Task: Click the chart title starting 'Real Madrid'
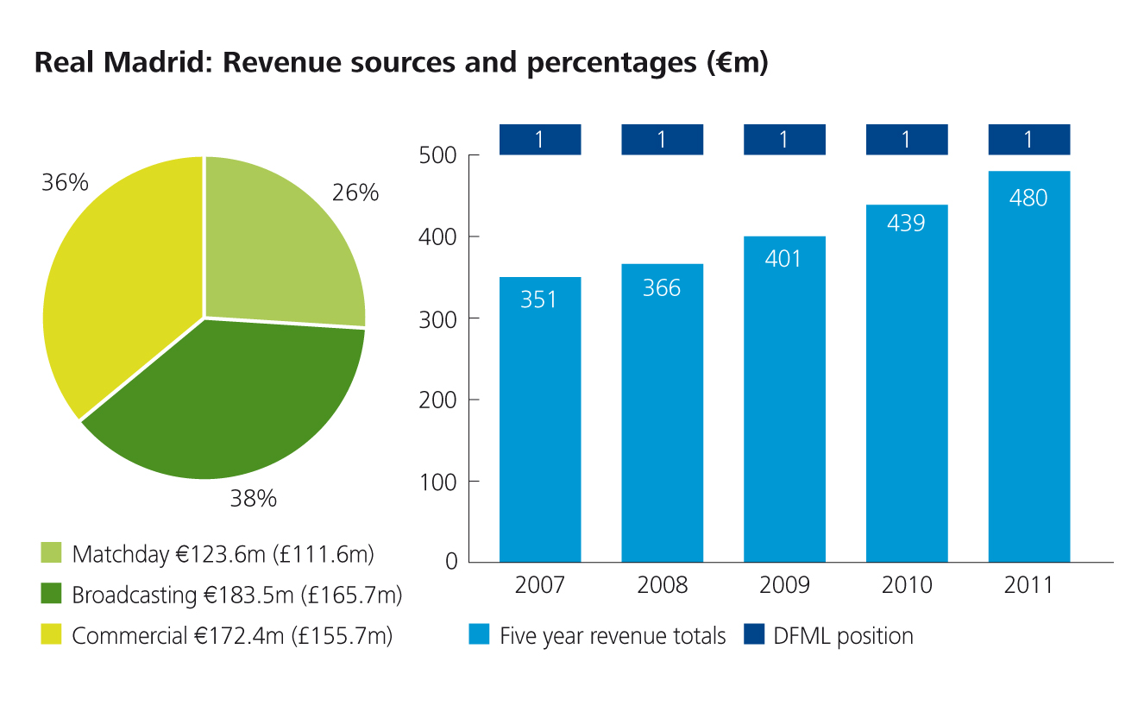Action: coord(400,65)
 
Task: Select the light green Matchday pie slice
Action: coord(276,250)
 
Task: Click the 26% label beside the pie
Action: coord(355,192)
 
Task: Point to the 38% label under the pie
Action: coord(253,498)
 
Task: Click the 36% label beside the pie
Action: coord(65,182)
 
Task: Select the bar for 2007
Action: coord(540,432)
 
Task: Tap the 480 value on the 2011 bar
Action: coord(1028,198)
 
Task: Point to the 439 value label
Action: coord(906,223)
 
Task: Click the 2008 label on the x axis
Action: coord(663,585)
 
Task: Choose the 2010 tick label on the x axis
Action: coord(907,585)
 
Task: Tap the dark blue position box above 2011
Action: coord(1028,140)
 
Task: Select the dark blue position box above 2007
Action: coord(540,140)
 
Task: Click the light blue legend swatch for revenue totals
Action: coord(479,636)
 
